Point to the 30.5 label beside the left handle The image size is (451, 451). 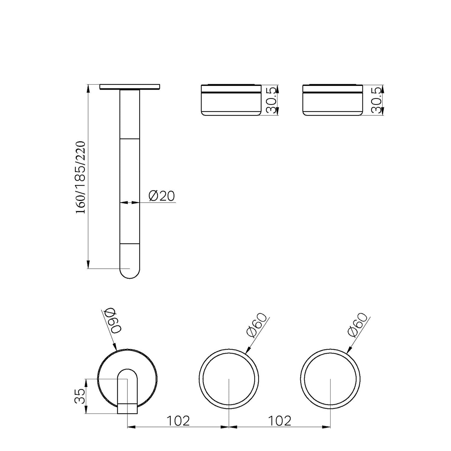[272, 100]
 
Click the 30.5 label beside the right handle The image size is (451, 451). [376, 100]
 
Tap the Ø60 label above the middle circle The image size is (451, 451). [257, 325]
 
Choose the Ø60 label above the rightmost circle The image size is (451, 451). [358, 325]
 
